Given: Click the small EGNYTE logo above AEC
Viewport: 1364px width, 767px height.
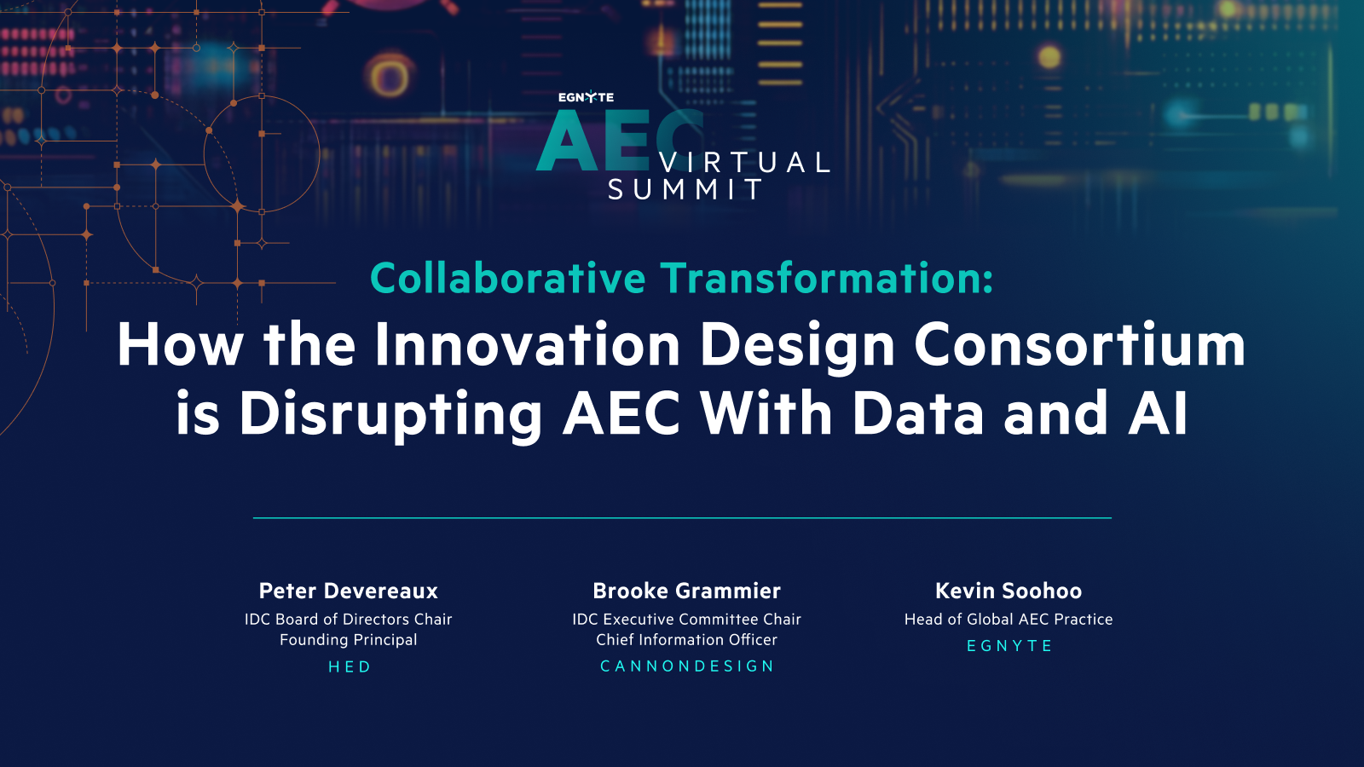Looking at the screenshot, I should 586,97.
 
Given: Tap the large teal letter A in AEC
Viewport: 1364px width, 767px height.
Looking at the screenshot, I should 567,143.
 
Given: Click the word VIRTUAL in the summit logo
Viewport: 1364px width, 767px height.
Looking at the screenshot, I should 745,162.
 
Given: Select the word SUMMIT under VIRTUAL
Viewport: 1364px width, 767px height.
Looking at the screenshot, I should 685,189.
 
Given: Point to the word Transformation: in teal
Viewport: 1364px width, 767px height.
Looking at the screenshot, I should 827,279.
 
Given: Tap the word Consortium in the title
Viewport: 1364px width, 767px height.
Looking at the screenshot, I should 1079,345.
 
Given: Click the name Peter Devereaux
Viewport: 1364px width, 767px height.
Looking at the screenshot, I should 349,591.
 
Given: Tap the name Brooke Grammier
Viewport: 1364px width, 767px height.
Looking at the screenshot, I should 686,591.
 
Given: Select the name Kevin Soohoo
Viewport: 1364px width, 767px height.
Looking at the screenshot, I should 1009,591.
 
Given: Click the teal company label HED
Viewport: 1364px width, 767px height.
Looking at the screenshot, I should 350,666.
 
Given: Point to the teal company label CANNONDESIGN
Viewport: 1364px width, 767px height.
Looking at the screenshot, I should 687,666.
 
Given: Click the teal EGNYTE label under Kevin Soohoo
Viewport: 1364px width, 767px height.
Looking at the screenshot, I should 1009,646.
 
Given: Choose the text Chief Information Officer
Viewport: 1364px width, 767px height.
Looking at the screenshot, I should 686,639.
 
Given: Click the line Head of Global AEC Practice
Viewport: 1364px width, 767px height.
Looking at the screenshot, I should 1009,620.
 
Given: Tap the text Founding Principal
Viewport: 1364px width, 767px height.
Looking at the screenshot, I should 349,639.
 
